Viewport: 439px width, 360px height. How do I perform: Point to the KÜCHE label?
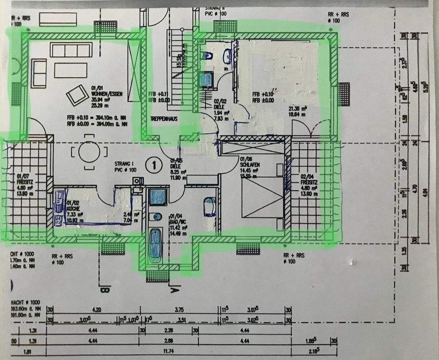point(73,209)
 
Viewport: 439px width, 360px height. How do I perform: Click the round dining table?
point(90,153)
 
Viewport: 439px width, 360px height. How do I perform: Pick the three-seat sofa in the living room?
point(71,50)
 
